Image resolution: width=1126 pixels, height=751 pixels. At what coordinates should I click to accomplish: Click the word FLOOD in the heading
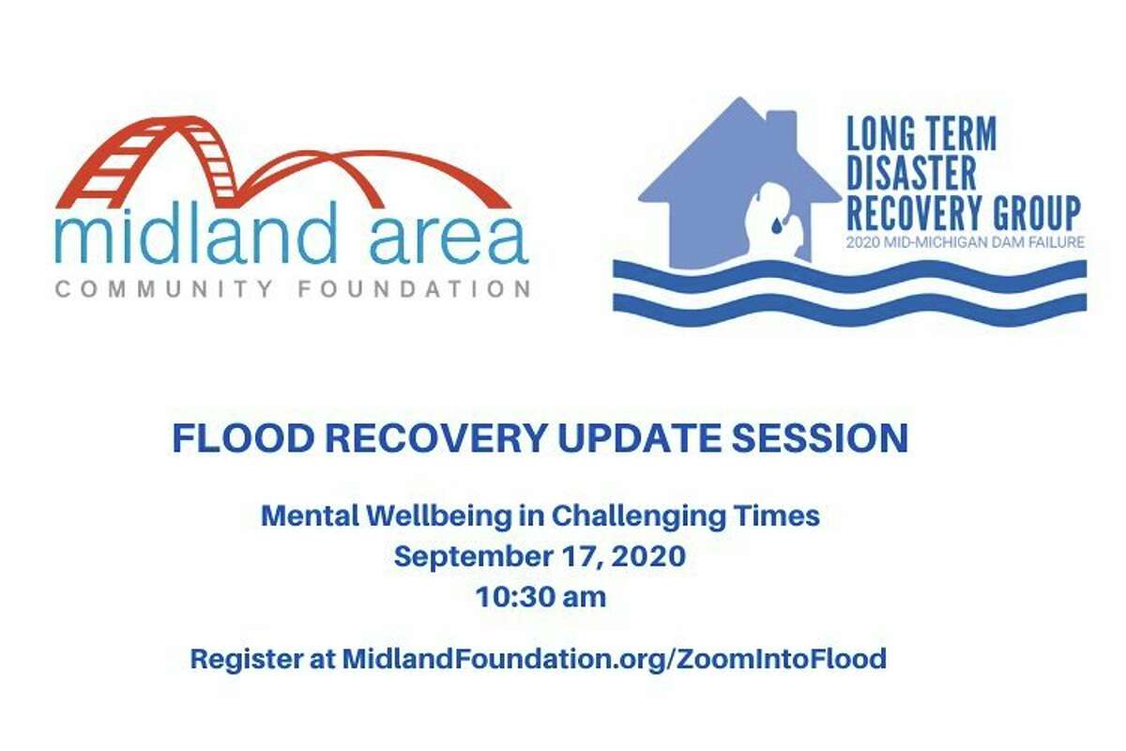point(242,438)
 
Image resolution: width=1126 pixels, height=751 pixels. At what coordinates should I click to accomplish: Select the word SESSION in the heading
point(820,438)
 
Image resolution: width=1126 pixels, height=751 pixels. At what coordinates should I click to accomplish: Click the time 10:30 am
point(540,598)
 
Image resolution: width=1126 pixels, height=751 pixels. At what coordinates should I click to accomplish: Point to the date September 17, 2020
point(540,558)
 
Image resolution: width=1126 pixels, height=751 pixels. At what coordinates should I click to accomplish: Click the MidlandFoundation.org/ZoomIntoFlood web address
point(615,659)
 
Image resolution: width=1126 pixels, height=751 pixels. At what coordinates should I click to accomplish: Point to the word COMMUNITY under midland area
point(164,289)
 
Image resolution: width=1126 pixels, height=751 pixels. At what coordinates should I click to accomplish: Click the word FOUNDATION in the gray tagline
point(414,289)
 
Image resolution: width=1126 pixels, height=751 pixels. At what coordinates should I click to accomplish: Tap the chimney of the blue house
point(781,126)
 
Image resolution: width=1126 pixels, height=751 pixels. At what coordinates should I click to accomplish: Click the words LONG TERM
point(921,134)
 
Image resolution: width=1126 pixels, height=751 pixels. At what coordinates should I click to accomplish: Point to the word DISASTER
point(911,174)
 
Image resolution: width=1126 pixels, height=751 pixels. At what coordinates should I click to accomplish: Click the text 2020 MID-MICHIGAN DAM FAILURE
point(966,242)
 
